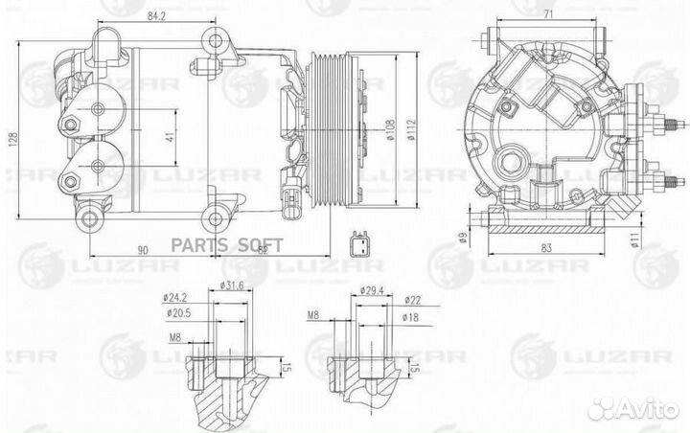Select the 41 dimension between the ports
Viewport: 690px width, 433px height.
click(169, 137)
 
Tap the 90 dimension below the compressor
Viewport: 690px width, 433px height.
click(143, 249)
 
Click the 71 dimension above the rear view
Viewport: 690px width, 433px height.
click(547, 14)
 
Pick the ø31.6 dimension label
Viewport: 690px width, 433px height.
click(234, 285)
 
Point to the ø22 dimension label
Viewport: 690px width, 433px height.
click(411, 301)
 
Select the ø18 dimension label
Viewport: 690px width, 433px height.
click(411, 317)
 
